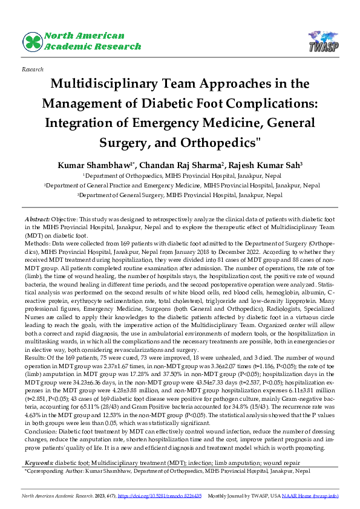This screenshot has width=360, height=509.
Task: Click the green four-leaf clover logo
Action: pyautogui.click(x=33, y=42)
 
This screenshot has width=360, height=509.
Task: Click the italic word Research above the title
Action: pyautogui.click(x=32, y=70)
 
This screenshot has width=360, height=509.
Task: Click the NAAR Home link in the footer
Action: pyautogui.click(x=310, y=495)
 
